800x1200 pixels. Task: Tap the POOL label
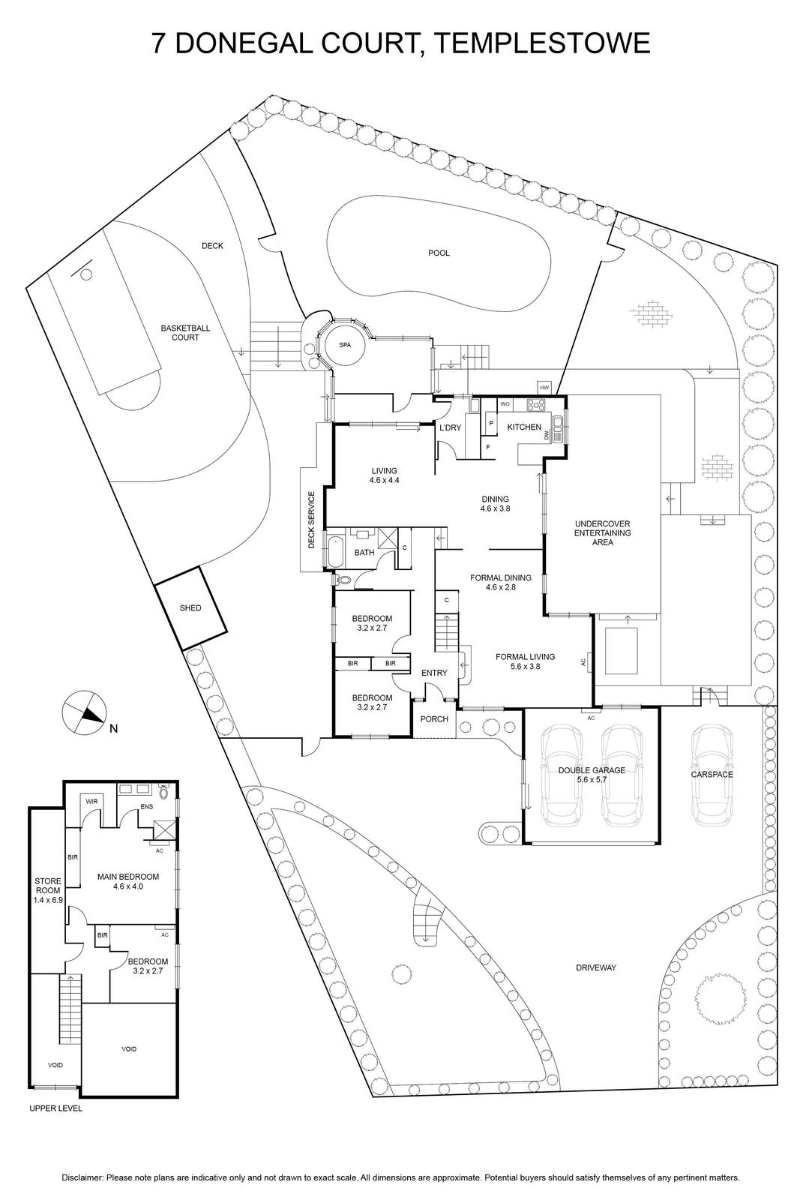(x=439, y=253)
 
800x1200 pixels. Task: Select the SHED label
(x=190, y=607)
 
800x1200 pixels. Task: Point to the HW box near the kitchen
(x=544, y=387)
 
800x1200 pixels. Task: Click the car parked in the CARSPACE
(x=712, y=774)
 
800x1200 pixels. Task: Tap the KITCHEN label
(x=524, y=427)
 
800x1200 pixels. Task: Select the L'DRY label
(x=450, y=427)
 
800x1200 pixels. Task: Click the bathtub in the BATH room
(x=334, y=551)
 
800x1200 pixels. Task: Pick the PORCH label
(x=434, y=718)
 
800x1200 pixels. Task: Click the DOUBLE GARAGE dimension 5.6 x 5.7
(x=592, y=780)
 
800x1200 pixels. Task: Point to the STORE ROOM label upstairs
(x=46, y=889)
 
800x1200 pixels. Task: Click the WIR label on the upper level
(x=92, y=802)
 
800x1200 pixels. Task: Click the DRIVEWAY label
(x=596, y=967)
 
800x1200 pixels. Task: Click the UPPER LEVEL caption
(x=55, y=1108)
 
